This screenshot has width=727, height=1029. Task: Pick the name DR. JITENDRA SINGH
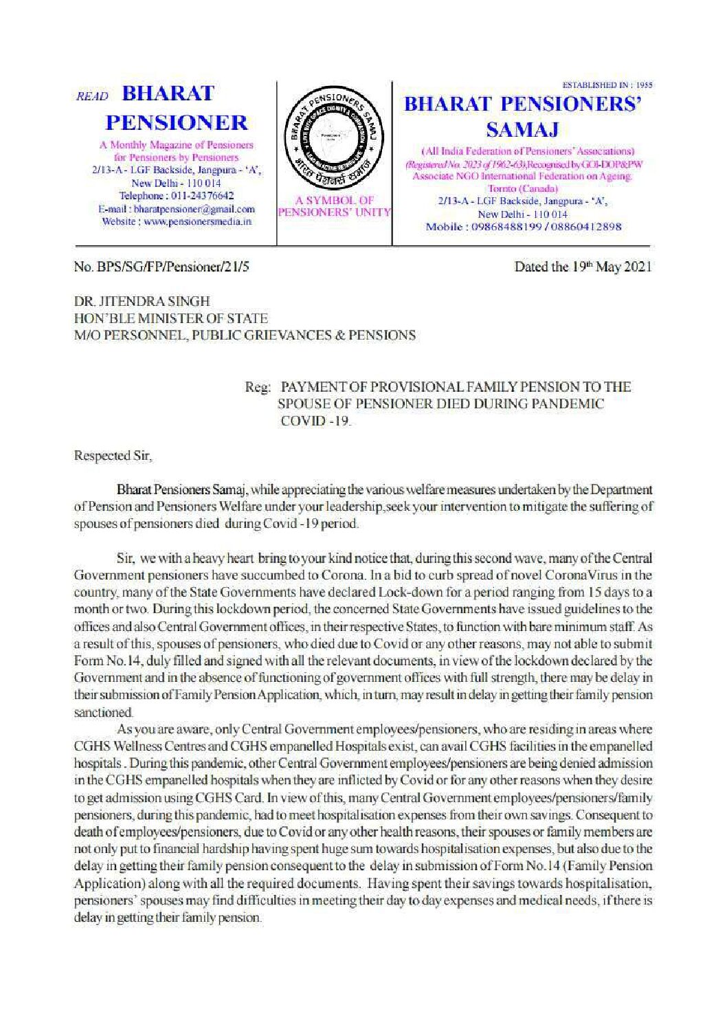pyautogui.click(x=142, y=301)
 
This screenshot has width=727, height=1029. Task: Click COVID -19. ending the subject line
pyautogui.click(x=315, y=421)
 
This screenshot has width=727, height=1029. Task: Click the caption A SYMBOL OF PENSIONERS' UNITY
pyautogui.click(x=335, y=206)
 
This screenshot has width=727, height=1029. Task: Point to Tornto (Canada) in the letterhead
pyautogui.click(x=522, y=188)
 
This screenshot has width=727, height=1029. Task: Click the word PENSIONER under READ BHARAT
pyautogui.click(x=177, y=122)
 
